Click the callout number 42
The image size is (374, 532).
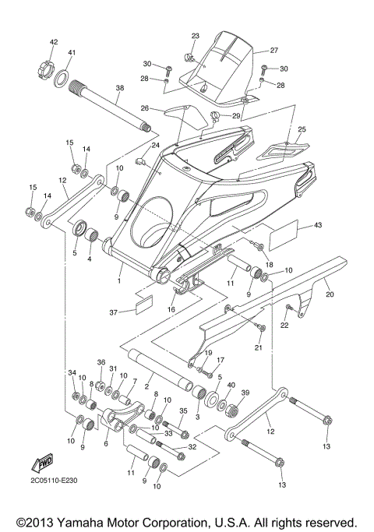pos(54,41)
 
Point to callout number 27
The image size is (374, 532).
pos(273,50)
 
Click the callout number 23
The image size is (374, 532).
pos(195,36)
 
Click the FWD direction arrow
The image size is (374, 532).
pos(41,464)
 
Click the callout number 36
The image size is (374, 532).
pos(101,362)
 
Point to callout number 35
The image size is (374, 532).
pos(183,411)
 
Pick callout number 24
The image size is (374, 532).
pos(155,146)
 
